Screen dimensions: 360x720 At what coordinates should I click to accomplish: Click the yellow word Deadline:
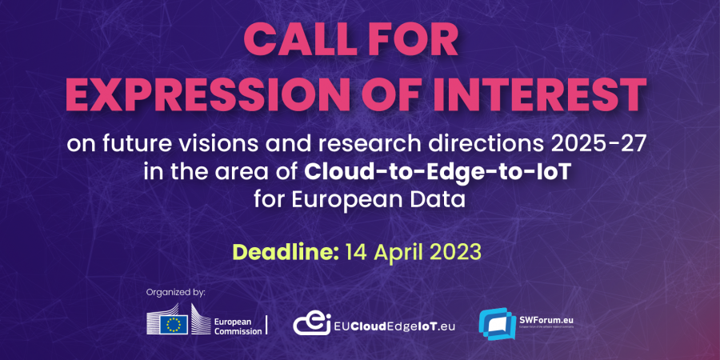tap(285, 251)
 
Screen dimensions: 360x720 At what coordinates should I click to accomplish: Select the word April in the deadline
tap(393, 251)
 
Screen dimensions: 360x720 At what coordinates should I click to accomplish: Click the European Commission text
tap(238, 325)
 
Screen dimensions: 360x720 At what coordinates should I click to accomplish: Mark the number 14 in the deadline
tap(354, 251)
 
